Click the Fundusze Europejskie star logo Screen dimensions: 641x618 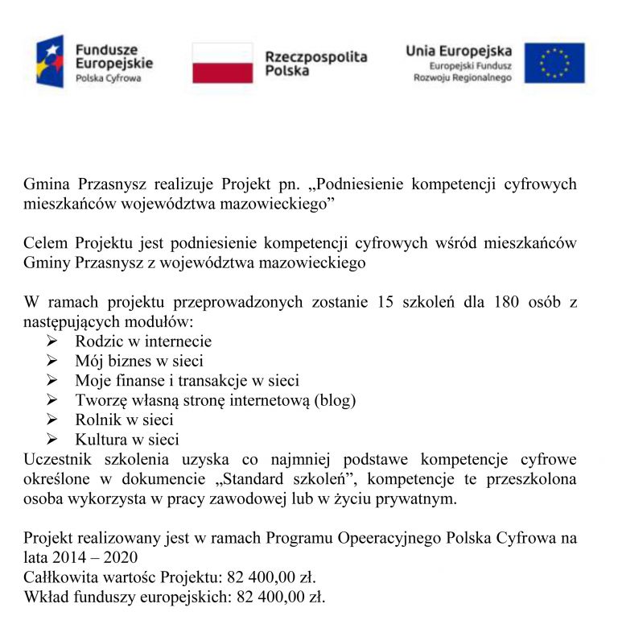(50, 61)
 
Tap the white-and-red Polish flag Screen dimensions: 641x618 (222, 63)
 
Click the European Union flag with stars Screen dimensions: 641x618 (554, 63)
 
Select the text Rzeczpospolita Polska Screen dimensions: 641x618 (315, 64)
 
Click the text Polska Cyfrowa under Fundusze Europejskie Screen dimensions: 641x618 (108, 78)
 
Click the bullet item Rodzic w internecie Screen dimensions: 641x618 (143, 341)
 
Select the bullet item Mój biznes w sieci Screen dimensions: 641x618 (138, 361)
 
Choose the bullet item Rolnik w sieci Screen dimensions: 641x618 (124, 420)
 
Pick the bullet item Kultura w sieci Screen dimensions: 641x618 (127, 440)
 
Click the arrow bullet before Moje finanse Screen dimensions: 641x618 (54, 380)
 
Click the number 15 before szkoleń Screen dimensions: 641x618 (385, 303)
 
